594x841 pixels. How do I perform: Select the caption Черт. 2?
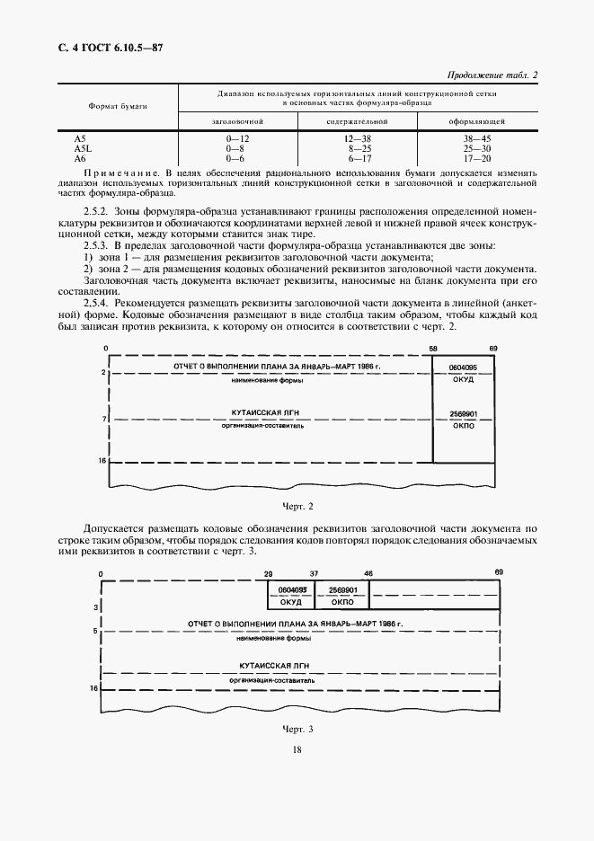[x=297, y=507]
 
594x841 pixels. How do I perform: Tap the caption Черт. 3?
[x=297, y=729]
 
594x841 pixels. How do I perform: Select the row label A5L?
[x=81, y=149]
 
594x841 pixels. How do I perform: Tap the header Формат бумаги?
[x=117, y=106]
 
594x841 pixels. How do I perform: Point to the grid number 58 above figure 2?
[x=433, y=347]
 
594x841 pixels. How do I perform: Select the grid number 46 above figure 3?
[x=368, y=572]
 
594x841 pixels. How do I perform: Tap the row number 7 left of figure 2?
[x=104, y=419]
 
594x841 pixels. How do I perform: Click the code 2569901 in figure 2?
[x=463, y=414]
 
